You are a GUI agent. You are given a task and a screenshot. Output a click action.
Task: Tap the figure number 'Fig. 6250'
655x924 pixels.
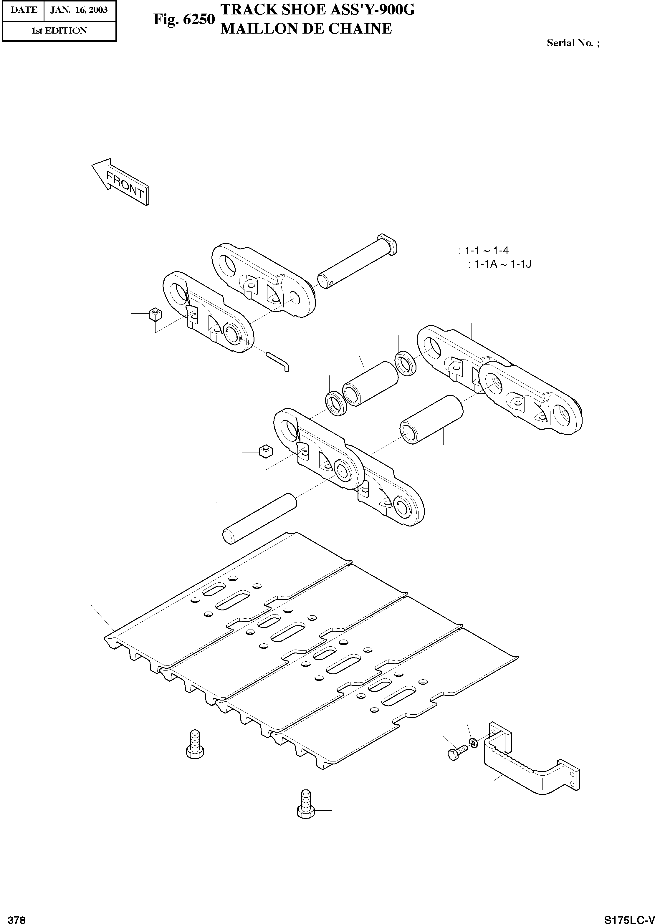coord(183,19)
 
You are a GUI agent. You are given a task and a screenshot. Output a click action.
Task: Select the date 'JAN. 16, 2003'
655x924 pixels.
coord(79,10)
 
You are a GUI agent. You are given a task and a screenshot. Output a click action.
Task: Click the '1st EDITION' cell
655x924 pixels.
coord(59,31)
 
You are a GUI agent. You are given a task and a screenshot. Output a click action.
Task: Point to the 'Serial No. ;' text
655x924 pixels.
coord(573,43)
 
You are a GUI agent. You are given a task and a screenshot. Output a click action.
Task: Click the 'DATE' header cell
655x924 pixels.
coord(23,10)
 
